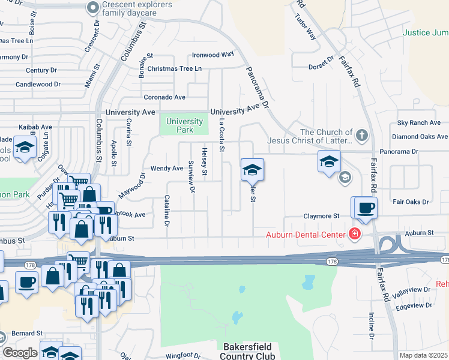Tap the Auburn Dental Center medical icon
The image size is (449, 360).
[x=354, y=234]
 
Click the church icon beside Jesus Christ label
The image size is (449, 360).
[x=361, y=136]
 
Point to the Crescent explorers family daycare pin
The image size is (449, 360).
[x=92, y=8]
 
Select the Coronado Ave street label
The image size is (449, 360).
[x=164, y=97]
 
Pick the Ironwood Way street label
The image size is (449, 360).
[x=212, y=55]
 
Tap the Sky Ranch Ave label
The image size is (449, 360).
[x=419, y=122]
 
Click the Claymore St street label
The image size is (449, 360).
[x=321, y=215]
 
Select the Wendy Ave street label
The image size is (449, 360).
[x=166, y=169]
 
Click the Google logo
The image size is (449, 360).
[x=20, y=353]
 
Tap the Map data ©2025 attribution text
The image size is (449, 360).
[x=424, y=355]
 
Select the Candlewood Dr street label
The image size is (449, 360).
[x=42, y=84]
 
